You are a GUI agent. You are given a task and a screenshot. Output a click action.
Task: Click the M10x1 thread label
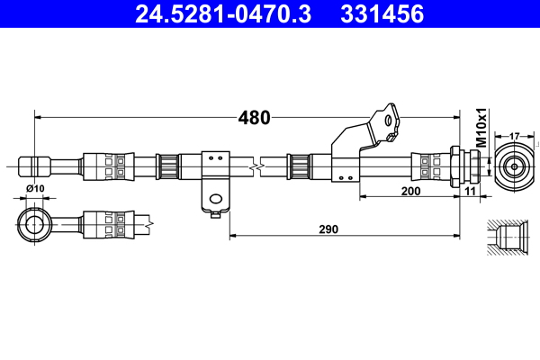click(x=481, y=129)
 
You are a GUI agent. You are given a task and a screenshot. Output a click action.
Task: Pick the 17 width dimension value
click(x=515, y=136)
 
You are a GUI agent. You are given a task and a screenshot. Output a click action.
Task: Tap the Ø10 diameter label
click(x=35, y=187)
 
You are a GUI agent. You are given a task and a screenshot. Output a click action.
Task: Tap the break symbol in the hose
click(x=259, y=166)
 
